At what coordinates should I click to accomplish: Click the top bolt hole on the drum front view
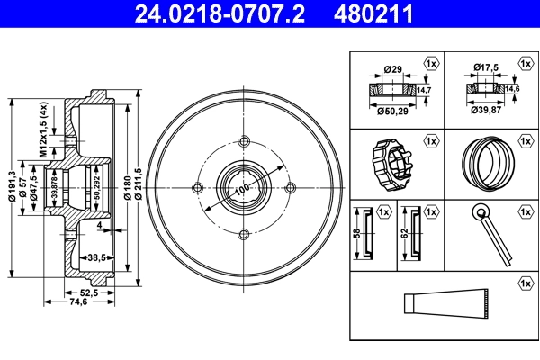[243, 140]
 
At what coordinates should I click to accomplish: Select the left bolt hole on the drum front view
[196, 187]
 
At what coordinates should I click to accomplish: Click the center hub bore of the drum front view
[243, 187]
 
